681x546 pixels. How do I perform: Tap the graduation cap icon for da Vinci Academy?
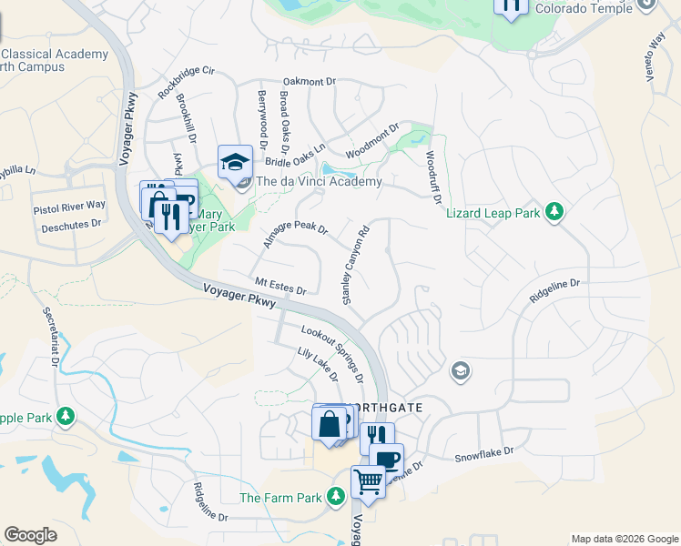235,163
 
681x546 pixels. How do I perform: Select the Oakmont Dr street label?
310,82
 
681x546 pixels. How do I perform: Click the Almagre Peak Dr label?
294,227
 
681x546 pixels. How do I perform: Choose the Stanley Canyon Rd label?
354,265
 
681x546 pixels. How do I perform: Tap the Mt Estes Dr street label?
280,287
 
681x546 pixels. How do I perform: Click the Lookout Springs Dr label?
334,351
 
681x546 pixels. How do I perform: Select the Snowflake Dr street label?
484,451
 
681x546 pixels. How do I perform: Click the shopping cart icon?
368,480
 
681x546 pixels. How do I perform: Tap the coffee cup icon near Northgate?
386,458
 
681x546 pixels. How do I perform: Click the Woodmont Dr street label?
372,142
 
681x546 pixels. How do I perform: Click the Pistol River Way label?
69,207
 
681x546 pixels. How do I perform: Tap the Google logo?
30,535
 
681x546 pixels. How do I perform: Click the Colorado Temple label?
583,8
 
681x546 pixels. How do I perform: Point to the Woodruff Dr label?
433,176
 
